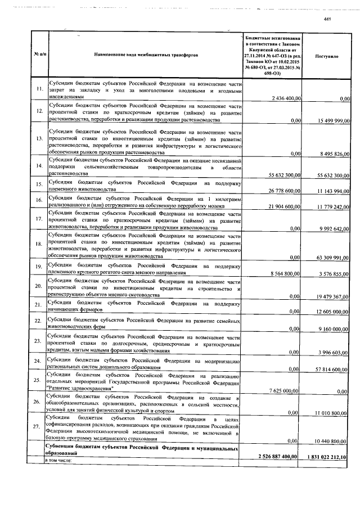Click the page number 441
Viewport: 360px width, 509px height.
329,20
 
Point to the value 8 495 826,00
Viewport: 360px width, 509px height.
335,153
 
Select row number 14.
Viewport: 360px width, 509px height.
39,166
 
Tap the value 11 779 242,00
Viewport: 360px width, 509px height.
333,208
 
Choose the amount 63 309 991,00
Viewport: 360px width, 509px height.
333,257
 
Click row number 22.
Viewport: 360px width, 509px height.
39,321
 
